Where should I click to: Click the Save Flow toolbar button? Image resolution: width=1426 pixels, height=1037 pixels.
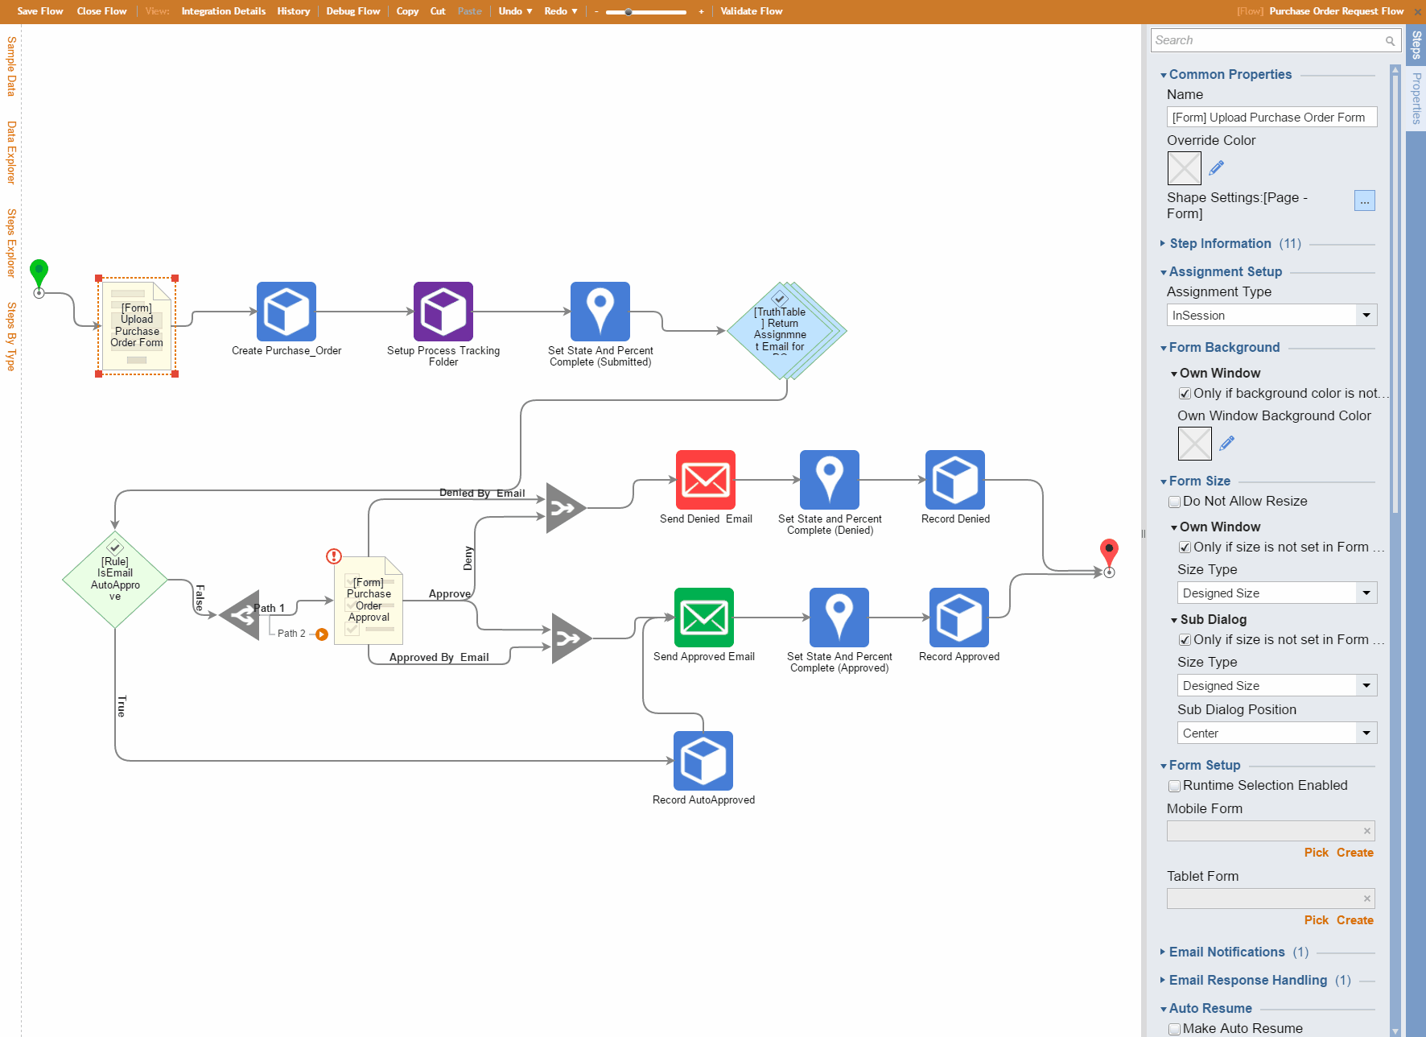pos(40,11)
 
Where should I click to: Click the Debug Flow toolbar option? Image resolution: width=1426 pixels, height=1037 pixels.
pos(352,11)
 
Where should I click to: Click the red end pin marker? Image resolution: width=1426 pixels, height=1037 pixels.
pos(1109,553)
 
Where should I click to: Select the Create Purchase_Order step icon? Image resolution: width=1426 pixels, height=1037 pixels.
pos(286,312)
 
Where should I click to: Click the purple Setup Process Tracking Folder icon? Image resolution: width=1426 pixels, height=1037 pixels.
pos(443,312)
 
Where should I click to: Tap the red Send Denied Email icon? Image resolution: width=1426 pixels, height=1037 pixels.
pos(706,480)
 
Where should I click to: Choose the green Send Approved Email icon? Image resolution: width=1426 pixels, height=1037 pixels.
pos(704,618)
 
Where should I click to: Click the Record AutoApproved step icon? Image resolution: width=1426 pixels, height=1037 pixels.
pos(703,761)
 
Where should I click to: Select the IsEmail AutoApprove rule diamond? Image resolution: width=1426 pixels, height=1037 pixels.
pos(115,580)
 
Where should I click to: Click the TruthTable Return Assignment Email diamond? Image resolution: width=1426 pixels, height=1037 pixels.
pos(784,331)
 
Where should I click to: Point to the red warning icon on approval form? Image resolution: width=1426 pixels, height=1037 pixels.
pos(334,556)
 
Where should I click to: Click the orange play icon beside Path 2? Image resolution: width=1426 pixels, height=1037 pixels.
pos(322,634)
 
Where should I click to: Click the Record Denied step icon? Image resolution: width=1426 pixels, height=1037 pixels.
pos(955,480)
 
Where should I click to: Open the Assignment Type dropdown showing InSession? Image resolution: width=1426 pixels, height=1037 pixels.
pos(1271,315)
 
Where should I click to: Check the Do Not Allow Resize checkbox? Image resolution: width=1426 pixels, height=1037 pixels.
pos(1174,502)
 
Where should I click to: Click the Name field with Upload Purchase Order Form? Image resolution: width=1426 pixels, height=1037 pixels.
pos(1271,118)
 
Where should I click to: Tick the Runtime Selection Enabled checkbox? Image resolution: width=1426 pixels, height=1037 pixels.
pos(1174,786)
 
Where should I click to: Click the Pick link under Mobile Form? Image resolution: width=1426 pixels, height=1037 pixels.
pos(1317,853)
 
